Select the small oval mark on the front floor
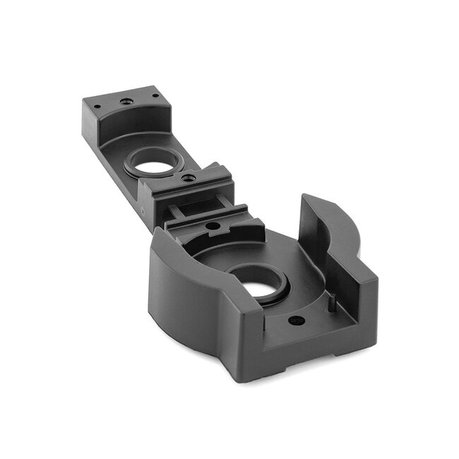(x=297, y=321)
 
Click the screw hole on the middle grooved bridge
(x=188, y=178)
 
